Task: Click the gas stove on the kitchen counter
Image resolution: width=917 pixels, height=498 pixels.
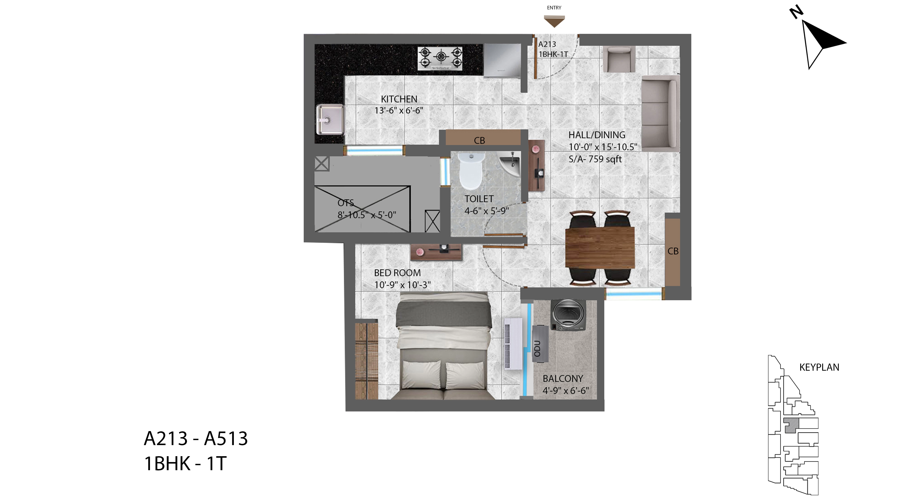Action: click(x=440, y=58)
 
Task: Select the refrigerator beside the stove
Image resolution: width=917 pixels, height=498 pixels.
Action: click(x=502, y=60)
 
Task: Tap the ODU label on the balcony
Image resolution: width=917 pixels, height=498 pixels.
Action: click(x=537, y=348)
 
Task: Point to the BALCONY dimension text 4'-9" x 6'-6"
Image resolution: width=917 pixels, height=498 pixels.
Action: click(x=566, y=391)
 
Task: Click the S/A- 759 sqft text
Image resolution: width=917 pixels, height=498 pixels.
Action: click(x=595, y=159)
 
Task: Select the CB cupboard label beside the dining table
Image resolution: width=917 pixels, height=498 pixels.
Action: click(x=673, y=251)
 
